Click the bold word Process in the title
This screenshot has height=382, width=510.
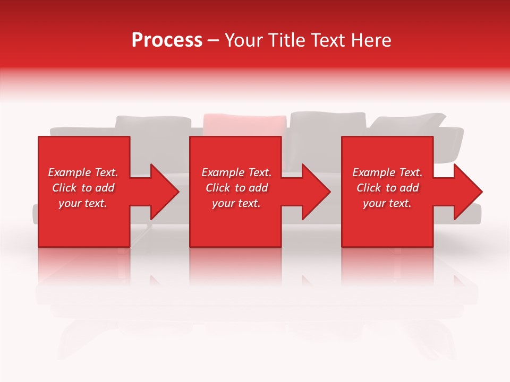click(167, 40)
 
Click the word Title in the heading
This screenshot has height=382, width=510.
click(287, 40)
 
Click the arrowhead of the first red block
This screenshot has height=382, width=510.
click(165, 192)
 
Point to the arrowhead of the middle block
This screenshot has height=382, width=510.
click(316, 192)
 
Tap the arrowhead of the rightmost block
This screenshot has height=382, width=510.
click(467, 192)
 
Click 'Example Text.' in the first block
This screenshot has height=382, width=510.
click(83, 172)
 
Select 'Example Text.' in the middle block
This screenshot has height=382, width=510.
click(236, 172)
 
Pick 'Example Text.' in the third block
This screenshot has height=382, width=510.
click(387, 172)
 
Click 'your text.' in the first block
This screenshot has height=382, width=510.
click(83, 203)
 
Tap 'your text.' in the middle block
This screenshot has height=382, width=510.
click(236, 203)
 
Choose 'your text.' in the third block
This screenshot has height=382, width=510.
click(387, 203)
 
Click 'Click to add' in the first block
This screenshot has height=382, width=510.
click(83, 188)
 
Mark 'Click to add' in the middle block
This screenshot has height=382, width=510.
click(236, 188)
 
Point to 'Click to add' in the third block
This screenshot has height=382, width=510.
click(387, 188)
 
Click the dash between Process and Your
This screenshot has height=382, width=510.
click(214, 41)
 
